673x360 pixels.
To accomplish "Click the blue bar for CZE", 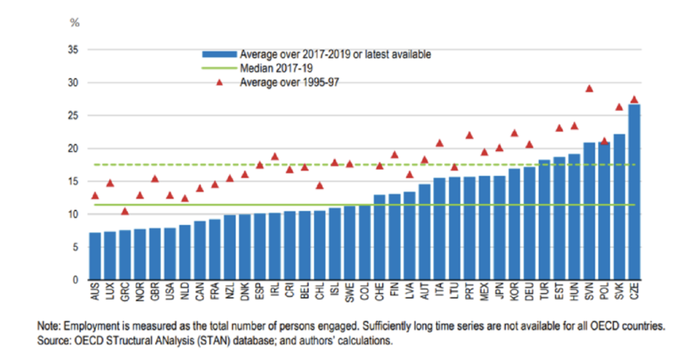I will tap(634, 192).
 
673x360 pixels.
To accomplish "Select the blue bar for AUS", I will tap(95, 256).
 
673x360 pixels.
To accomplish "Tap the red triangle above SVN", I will tap(589, 89).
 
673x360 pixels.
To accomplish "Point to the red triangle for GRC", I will tap(125, 211).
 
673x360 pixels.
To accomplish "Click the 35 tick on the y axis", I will tap(73, 50).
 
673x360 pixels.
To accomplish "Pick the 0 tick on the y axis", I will tap(75, 280).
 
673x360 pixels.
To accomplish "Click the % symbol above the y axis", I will tap(75, 23).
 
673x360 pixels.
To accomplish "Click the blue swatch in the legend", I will tap(219, 54).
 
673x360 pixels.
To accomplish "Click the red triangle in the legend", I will tap(219, 83).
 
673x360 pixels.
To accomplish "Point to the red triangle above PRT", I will tap(469, 135).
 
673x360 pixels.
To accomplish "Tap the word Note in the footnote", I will tap(46, 326).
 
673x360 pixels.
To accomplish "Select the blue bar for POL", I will tap(604, 211).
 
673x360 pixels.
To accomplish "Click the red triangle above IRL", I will tap(275, 156).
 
